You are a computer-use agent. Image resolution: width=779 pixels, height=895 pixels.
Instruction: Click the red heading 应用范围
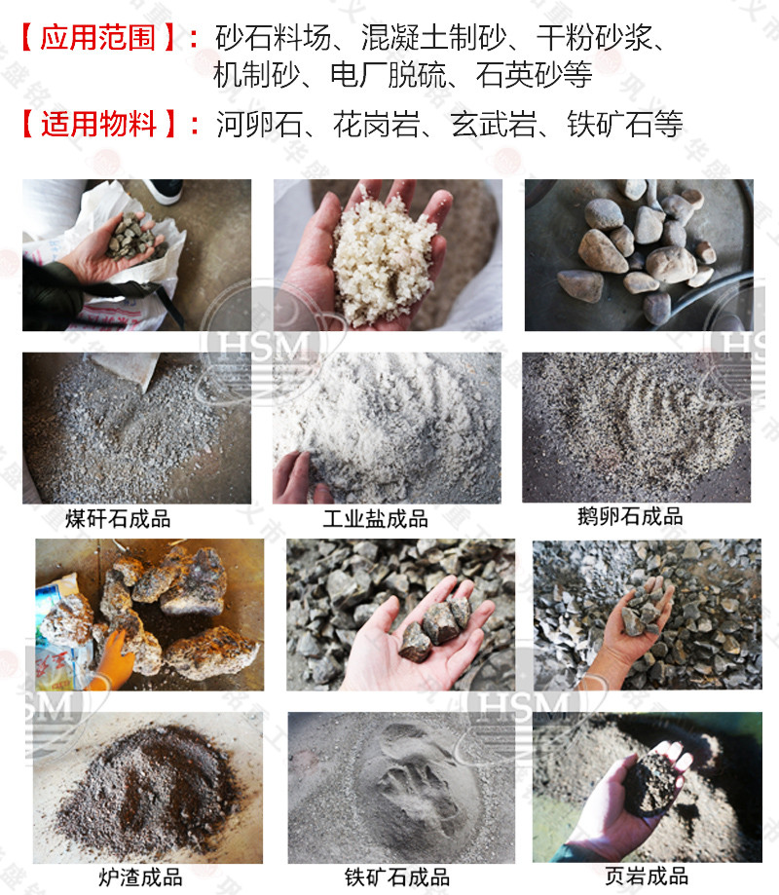click(102, 38)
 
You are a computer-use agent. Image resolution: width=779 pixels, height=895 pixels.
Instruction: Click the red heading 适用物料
click(101, 124)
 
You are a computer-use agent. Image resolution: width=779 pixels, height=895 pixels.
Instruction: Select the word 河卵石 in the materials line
click(256, 125)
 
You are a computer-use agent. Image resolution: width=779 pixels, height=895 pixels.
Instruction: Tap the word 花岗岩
click(373, 125)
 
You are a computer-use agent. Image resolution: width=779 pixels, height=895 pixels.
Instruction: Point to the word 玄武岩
click(490, 125)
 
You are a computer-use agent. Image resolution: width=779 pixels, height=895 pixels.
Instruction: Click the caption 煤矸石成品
click(118, 518)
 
